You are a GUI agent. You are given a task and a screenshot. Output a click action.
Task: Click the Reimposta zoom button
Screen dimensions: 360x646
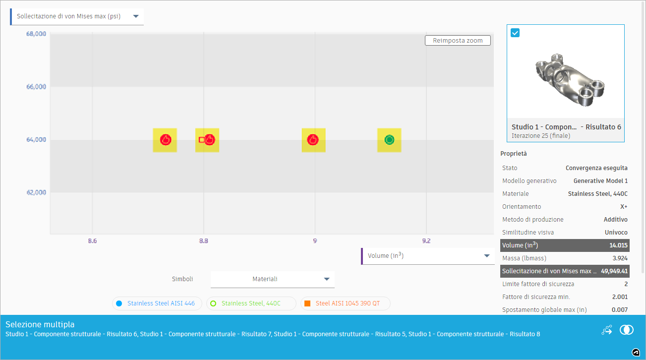[x=458, y=41]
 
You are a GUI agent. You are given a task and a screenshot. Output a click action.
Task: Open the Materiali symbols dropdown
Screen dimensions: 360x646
[x=272, y=279]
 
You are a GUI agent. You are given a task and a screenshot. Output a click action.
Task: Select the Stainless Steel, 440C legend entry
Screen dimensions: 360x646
[x=251, y=303]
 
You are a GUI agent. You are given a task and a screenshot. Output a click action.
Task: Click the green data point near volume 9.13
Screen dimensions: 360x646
[x=389, y=140]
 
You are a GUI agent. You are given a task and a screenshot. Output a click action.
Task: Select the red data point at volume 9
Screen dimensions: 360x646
[x=313, y=140]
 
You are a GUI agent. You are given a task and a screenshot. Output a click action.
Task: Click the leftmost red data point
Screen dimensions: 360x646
[x=165, y=140]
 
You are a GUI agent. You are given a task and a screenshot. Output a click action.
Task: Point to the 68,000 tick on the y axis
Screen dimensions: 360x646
[x=36, y=34]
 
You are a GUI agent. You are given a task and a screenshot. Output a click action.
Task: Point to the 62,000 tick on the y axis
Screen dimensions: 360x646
[x=36, y=192]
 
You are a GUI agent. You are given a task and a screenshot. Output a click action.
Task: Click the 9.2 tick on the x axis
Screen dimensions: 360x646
[x=426, y=241]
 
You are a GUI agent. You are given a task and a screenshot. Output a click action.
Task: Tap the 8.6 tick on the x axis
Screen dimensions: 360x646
[x=92, y=241]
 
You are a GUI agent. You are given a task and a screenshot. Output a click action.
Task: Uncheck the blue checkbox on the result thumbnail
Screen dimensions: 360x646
[x=515, y=33]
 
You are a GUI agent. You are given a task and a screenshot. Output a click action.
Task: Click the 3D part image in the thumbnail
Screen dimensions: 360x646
[x=565, y=79]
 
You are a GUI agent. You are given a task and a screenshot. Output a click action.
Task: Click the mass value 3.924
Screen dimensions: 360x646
[x=619, y=258]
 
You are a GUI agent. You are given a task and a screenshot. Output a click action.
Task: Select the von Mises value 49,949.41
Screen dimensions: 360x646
[x=614, y=271]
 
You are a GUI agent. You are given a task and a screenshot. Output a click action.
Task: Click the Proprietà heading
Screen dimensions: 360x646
[x=513, y=154]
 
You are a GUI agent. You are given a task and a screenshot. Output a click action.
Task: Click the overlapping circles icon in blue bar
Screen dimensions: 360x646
[x=627, y=330]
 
